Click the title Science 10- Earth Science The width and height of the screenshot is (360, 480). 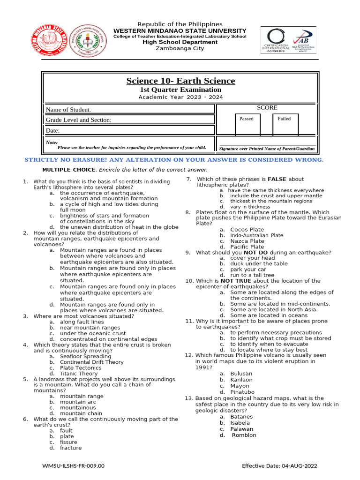(180, 81)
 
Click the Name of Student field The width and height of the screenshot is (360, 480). (129, 110)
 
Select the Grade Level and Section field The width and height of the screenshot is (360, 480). (129, 120)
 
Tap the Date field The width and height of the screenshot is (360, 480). (129, 130)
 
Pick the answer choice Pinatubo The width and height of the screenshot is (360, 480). (242, 392)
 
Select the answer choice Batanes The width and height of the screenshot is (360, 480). (241, 417)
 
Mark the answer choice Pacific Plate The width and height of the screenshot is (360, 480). (247, 247)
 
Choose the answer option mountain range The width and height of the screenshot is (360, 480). (82, 396)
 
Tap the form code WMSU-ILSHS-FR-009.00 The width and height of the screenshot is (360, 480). (73, 465)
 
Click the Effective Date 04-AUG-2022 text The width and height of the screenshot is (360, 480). (279, 465)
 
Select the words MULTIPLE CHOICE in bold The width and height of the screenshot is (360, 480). (69, 170)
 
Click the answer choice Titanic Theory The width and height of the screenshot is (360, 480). (79, 374)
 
